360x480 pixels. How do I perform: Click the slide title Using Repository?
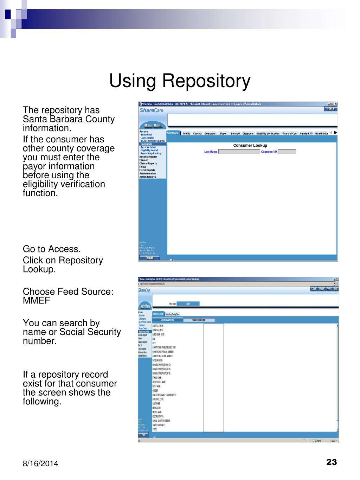(180, 81)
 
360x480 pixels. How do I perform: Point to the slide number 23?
(332, 462)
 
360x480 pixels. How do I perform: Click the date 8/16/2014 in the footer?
(40, 464)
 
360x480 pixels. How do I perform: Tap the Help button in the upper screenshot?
(330, 109)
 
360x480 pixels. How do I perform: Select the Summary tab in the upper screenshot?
(172, 133)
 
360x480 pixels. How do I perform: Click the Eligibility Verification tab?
(268, 134)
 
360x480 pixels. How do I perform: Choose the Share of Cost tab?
(290, 134)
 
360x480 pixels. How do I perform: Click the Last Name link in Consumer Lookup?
(211, 152)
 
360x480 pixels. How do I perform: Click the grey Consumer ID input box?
(287, 152)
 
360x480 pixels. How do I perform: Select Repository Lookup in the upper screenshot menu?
(151, 154)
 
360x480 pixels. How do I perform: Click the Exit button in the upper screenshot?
(150, 258)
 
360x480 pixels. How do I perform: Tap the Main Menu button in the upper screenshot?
(153, 126)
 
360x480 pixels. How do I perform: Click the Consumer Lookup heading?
(250, 146)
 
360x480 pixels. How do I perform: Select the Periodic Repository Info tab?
(199, 320)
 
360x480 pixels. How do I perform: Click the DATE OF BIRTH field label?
(157, 360)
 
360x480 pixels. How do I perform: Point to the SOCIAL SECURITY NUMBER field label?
(161, 421)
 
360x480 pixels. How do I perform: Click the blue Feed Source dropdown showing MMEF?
(188, 304)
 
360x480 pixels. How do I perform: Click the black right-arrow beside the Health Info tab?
(335, 133)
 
